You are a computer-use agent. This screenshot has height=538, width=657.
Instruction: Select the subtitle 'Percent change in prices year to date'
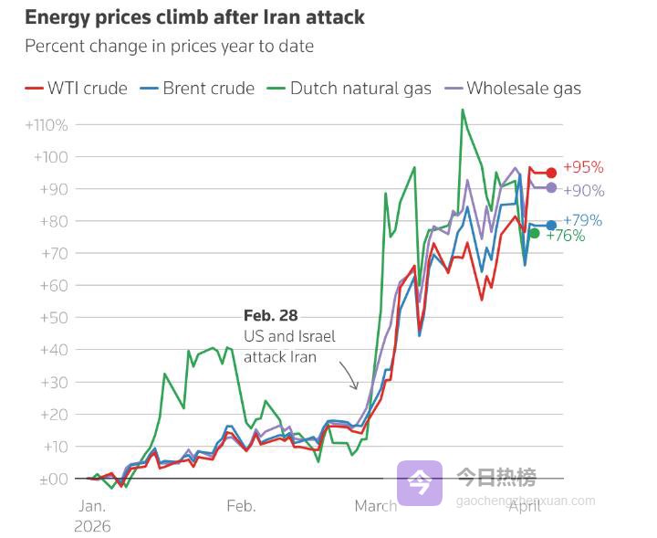point(169,46)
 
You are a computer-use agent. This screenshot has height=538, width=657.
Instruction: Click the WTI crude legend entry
point(77,89)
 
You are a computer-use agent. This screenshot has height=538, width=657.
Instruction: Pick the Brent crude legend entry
point(197,89)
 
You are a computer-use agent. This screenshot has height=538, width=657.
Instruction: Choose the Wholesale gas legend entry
point(513,89)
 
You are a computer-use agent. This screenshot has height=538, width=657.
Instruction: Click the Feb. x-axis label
point(241,506)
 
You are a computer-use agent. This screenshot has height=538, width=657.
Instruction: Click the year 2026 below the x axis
point(92,526)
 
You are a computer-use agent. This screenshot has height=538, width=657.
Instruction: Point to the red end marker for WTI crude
point(551,173)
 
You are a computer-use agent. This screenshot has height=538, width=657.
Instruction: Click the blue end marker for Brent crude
point(551,225)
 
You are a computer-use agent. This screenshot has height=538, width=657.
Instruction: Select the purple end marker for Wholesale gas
point(551,187)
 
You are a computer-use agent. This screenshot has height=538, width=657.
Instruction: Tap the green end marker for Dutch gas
point(535,234)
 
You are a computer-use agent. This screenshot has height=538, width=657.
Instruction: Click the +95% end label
point(583,168)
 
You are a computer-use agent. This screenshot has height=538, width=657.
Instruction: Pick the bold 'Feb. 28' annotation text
point(270,316)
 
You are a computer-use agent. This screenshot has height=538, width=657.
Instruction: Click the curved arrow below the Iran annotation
point(348,374)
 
